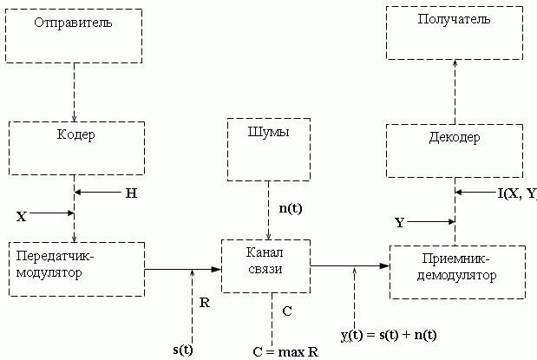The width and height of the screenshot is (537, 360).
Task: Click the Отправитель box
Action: [x=74, y=35]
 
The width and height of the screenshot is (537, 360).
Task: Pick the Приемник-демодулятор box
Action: [x=456, y=271]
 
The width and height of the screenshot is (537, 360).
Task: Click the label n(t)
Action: [x=291, y=208]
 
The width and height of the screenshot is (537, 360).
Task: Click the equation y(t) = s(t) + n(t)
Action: [x=388, y=335]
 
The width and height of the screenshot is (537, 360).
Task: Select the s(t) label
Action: [x=182, y=350]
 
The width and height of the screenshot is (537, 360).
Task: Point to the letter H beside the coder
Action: [x=131, y=193]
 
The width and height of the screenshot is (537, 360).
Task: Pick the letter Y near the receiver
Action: [x=400, y=223]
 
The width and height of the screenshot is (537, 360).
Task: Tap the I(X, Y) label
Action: [x=517, y=193]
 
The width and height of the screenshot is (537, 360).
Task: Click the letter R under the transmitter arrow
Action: [x=205, y=304]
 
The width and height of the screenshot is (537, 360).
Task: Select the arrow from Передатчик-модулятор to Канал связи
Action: [x=182, y=270]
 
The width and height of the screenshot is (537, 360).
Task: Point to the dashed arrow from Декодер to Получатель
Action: [x=454, y=91]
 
